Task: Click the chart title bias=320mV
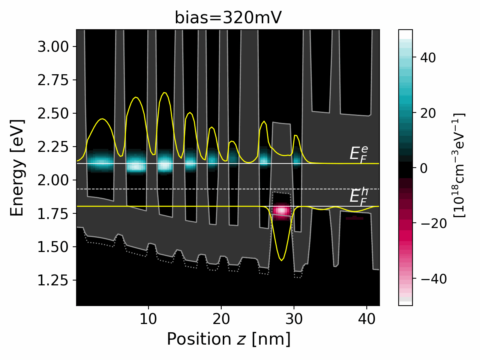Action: [x=228, y=18]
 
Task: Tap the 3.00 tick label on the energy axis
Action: [x=53, y=47]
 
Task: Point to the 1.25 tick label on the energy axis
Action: [x=53, y=280]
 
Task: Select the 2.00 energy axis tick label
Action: [x=53, y=180]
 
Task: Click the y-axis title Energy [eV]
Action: [x=17, y=168]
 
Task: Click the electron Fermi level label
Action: [x=358, y=154]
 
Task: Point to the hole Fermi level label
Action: [x=358, y=196]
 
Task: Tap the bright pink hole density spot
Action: [x=281, y=211]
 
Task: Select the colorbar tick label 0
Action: [x=423, y=168]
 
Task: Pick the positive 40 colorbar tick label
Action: [x=428, y=58]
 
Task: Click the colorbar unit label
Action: [x=459, y=165]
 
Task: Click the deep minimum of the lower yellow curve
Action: [x=281, y=260]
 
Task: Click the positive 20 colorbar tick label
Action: [x=428, y=113]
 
